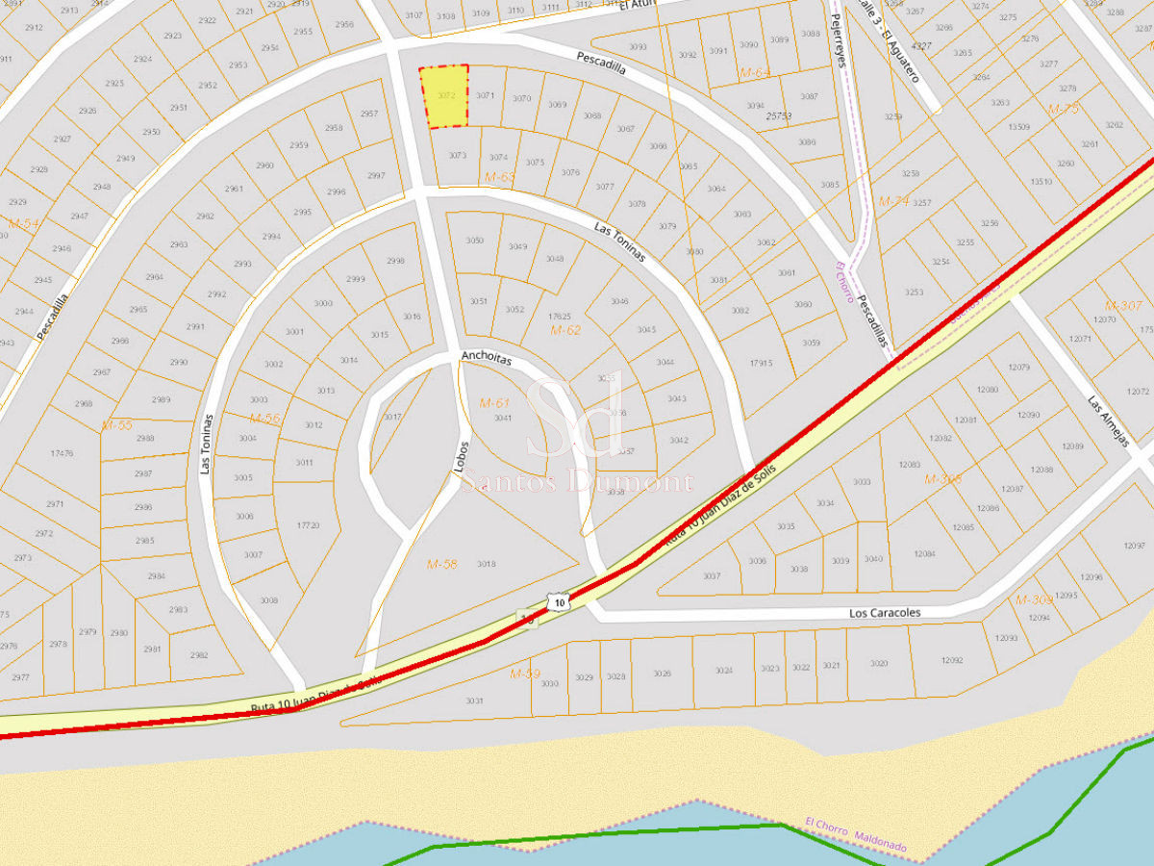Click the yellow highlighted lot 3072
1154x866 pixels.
coord(444,96)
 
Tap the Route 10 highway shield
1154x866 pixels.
coord(559,602)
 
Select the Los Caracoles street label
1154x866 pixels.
coord(885,613)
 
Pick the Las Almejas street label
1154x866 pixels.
coord(1107,421)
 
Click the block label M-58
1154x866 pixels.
coord(442,564)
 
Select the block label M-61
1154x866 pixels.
coord(494,402)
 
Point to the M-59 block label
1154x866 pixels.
coord(525,674)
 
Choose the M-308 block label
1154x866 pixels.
coord(942,479)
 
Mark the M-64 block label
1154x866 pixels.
coord(755,73)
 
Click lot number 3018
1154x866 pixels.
coord(487,564)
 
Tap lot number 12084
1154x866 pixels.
coord(925,554)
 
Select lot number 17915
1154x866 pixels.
coord(761,363)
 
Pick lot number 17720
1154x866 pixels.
coord(308,525)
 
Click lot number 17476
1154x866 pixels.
coord(62,452)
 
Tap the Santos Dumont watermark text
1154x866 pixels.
coord(577,483)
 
